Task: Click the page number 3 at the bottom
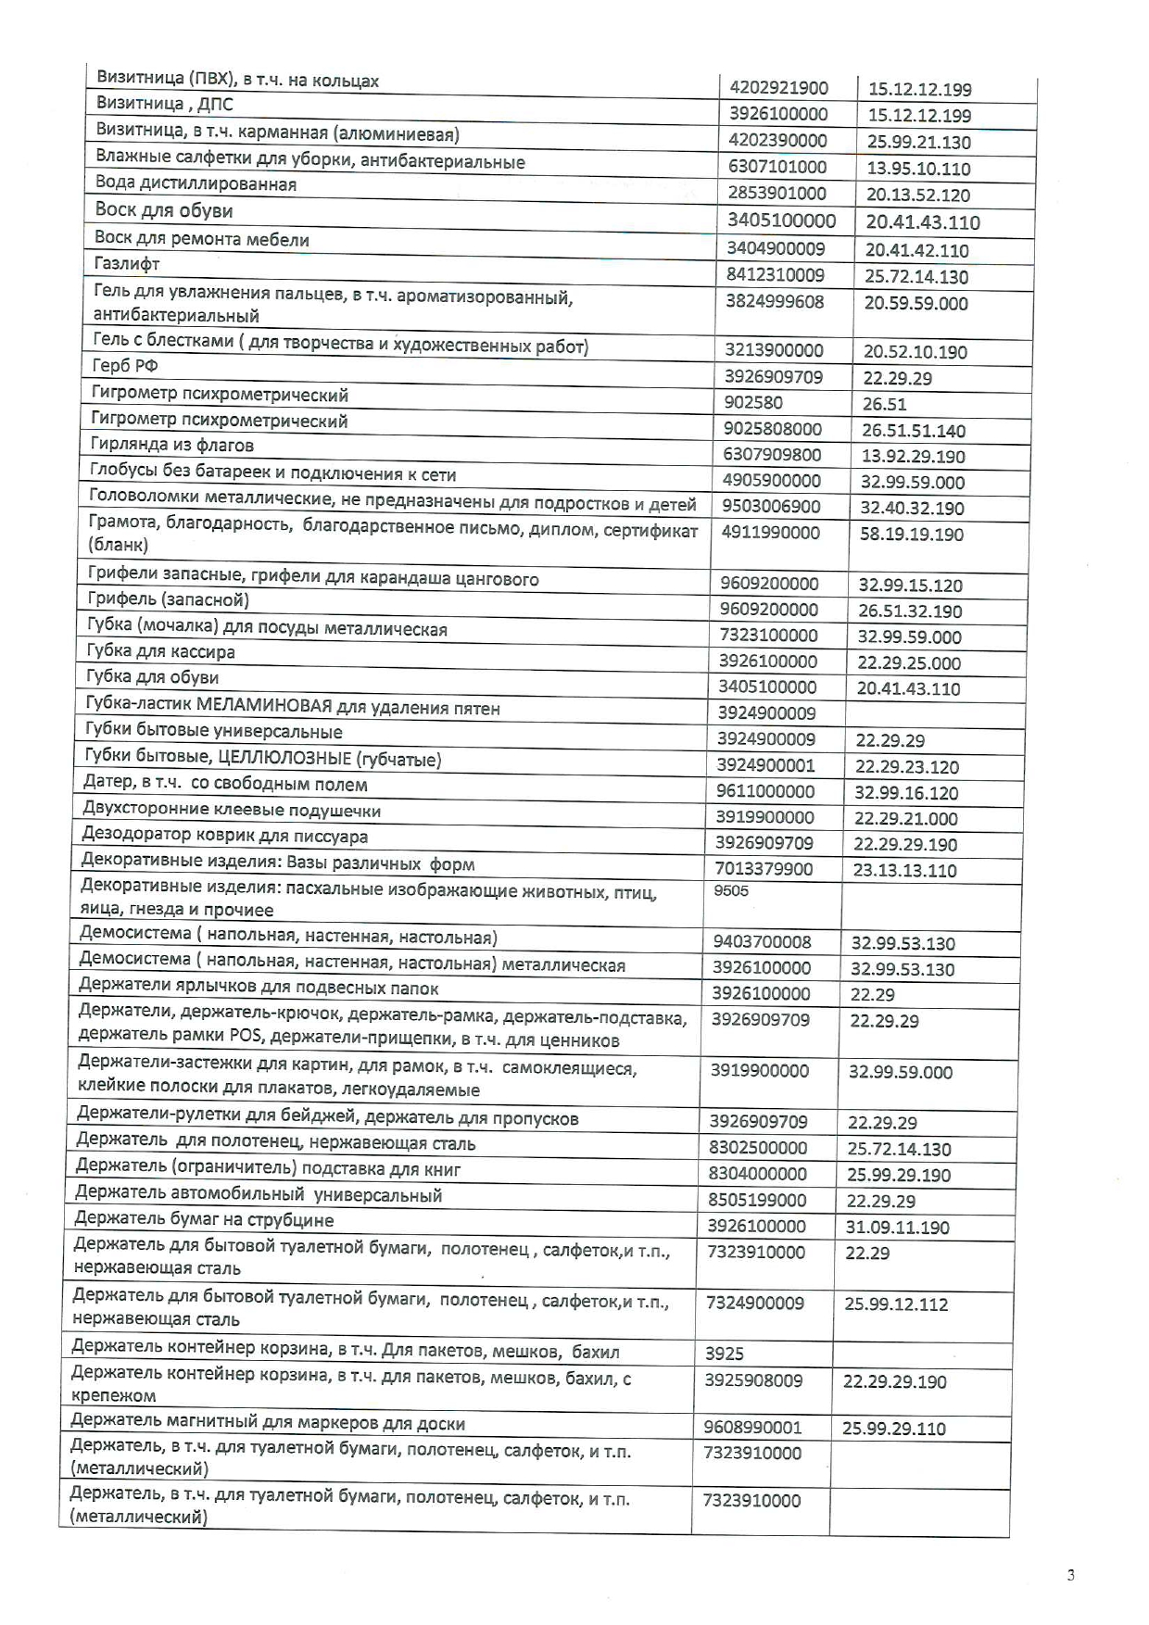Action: pyautogui.click(x=1071, y=1575)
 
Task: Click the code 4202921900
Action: pyautogui.click(x=778, y=88)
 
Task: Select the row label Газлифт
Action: pyautogui.click(x=127, y=264)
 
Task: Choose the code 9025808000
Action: pyautogui.click(x=772, y=429)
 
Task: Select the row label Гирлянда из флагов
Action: pyautogui.click(x=172, y=446)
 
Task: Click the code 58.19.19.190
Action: pyautogui.click(x=911, y=535)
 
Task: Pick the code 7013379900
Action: pyautogui.click(x=764, y=869)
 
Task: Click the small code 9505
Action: pyautogui.click(x=731, y=891)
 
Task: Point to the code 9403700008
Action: pyautogui.click(x=762, y=942)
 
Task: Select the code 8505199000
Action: pyautogui.click(x=757, y=1200)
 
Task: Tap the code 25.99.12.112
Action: pyautogui.click(x=895, y=1304)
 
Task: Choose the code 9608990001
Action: pyautogui.click(x=752, y=1428)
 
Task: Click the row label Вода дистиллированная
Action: pyautogui.click(x=196, y=184)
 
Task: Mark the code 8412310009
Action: pyautogui.click(x=775, y=275)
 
